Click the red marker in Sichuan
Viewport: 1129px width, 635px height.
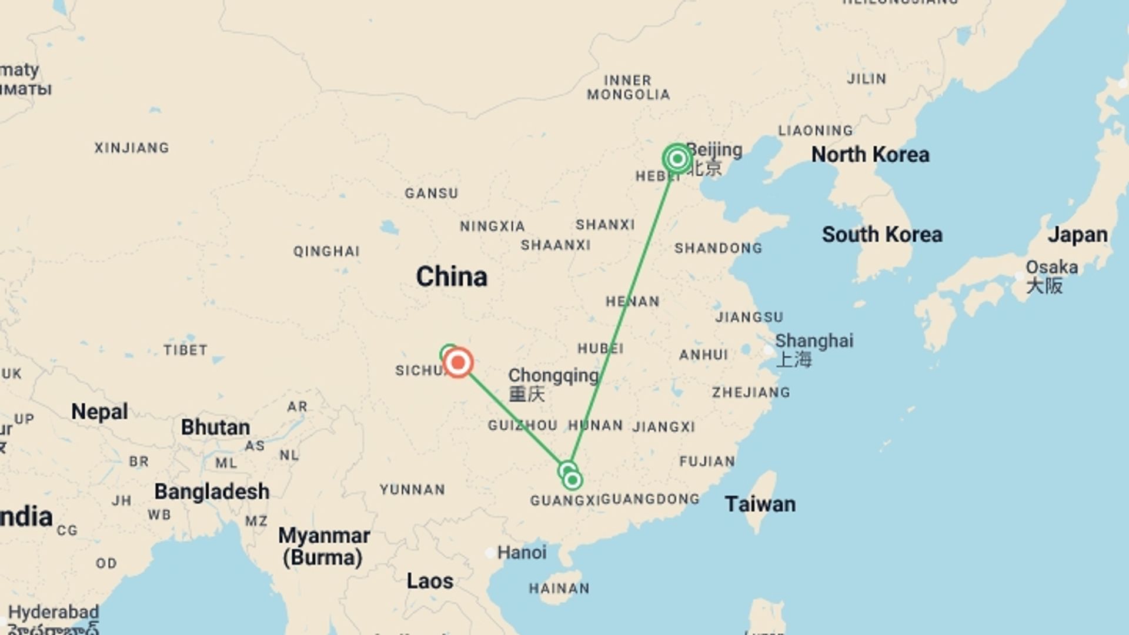pyautogui.click(x=458, y=363)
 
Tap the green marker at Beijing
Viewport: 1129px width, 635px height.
pyautogui.click(x=677, y=159)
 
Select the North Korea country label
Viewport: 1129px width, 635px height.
pyautogui.click(x=870, y=155)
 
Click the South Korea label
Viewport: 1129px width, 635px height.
pyautogui.click(x=882, y=235)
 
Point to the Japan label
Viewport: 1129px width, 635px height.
pyautogui.click(x=1077, y=235)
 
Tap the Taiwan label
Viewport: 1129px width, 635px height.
pyautogui.click(x=760, y=504)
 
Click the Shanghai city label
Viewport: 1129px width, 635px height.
pyautogui.click(x=814, y=341)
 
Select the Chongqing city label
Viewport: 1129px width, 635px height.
pyautogui.click(x=553, y=375)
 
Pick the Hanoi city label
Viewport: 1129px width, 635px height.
pyautogui.click(x=522, y=553)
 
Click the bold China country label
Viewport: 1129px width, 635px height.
pyautogui.click(x=452, y=276)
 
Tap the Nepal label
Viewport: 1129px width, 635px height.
pyautogui.click(x=99, y=412)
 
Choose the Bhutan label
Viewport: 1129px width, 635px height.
pyautogui.click(x=215, y=427)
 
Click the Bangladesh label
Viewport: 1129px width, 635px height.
pyautogui.click(x=212, y=492)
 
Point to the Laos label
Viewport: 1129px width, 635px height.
pyautogui.click(x=430, y=581)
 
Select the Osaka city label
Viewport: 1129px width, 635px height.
pyautogui.click(x=1051, y=268)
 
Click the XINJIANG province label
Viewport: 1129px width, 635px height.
pyautogui.click(x=132, y=148)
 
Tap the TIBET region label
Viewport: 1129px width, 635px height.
pyautogui.click(x=185, y=350)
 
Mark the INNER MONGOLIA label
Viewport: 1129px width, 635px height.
pyautogui.click(x=628, y=88)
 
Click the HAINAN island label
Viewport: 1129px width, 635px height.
pyautogui.click(x=559, y=589)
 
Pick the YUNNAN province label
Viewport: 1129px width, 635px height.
pyautogui.click(x=412, y=490)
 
